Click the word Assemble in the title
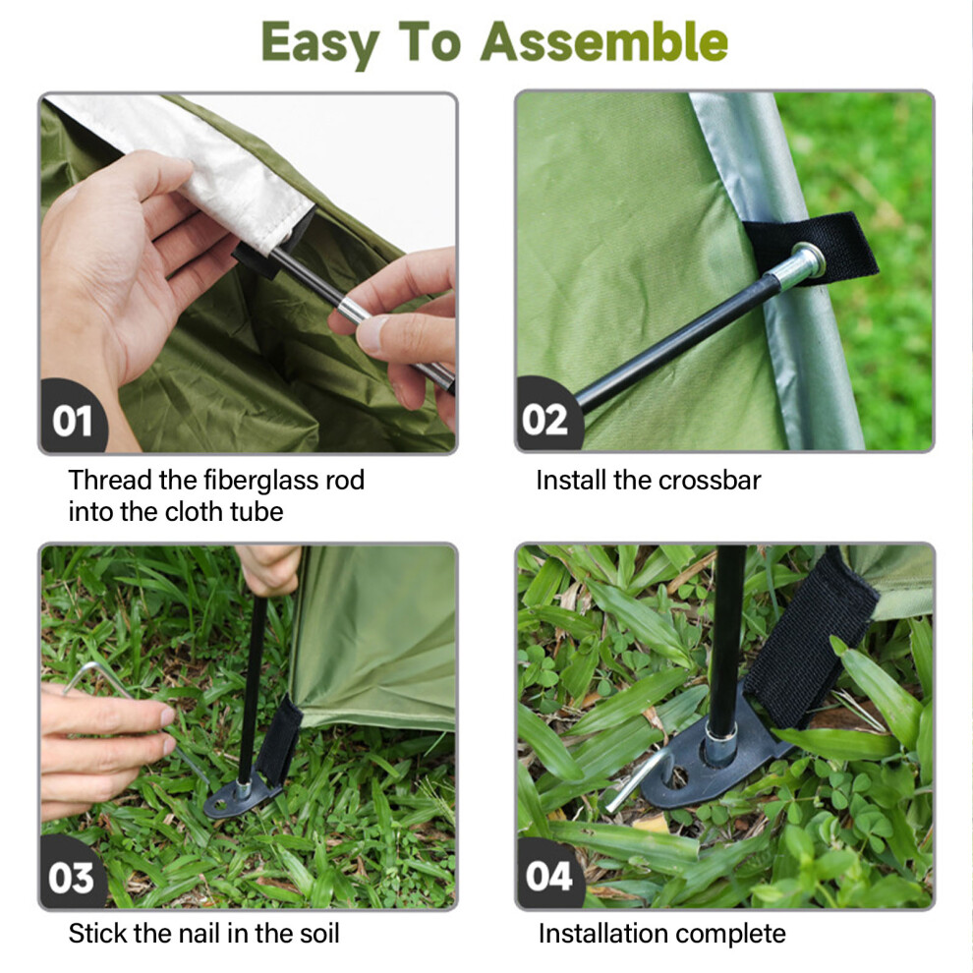[603, 41]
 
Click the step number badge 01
[73, 421]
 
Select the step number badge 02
[545, 420]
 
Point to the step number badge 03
[72, 878]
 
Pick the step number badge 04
[548, 877]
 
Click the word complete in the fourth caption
[731, 935]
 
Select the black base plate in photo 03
[239, 800]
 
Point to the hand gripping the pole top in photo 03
[270, 570]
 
